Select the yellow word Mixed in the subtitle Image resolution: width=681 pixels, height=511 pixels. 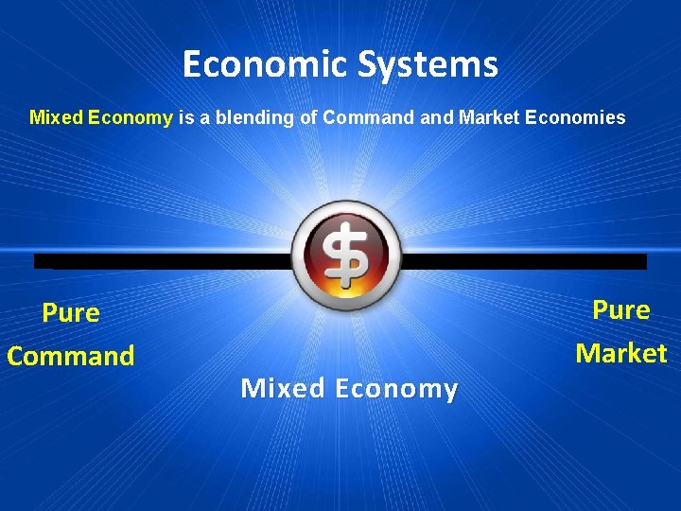tap(56, 118)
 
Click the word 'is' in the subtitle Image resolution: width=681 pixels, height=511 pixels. tap(185, 118)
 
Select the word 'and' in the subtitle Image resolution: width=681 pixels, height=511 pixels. tap(433, 118)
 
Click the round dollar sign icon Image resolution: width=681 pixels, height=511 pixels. tap(346, 255)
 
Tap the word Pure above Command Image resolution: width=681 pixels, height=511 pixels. tap(71, 313)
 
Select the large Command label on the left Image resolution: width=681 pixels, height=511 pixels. tap(71, 357)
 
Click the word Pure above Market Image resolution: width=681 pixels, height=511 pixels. tap(621, 310)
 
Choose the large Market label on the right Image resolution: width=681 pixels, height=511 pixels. tap(621, 354)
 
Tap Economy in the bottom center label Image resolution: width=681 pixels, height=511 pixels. tap(396, 389)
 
